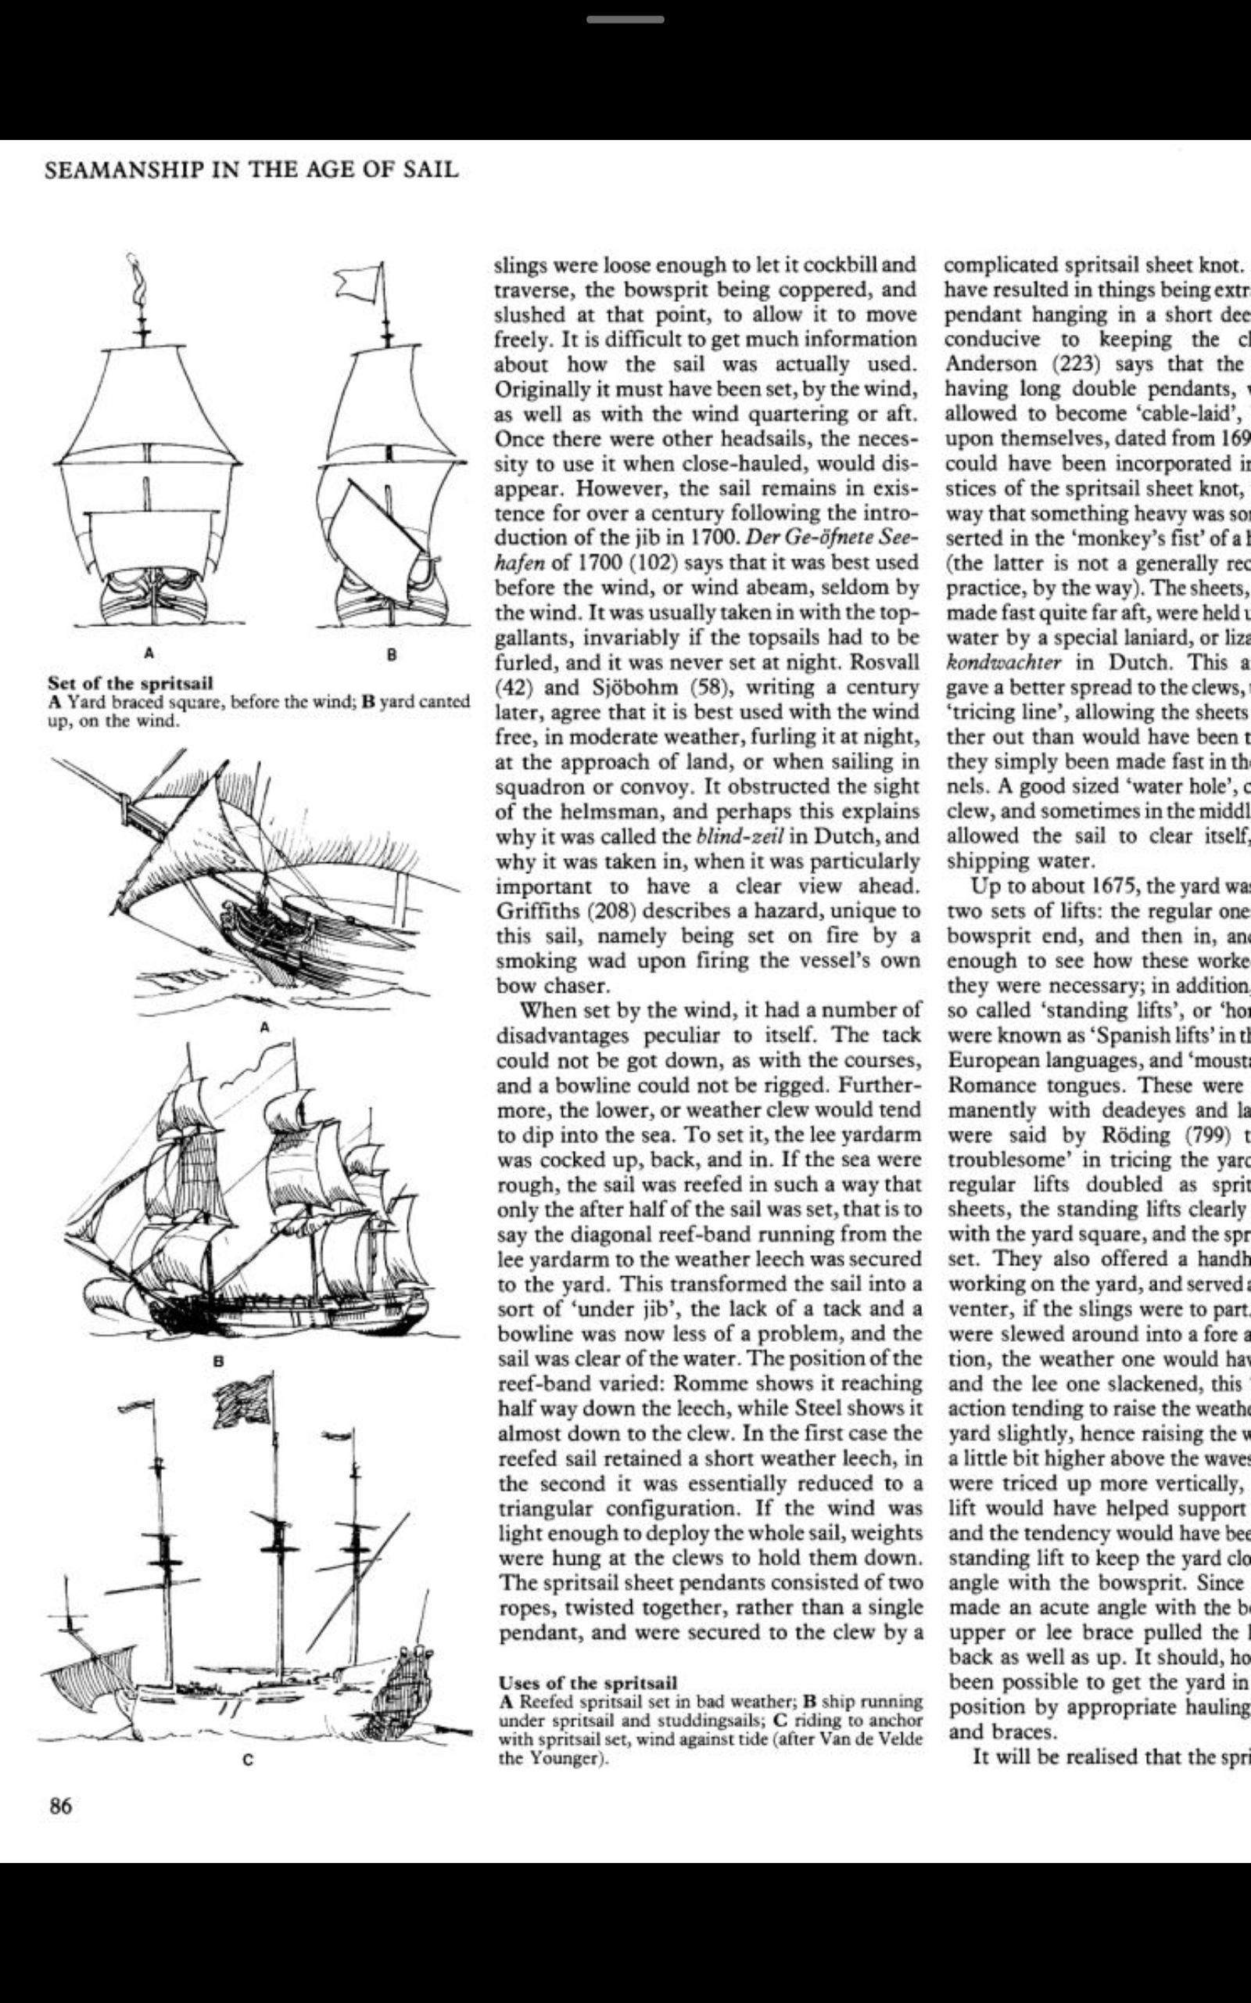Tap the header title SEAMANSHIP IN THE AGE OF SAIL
coord(251,170)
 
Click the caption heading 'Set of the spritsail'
coord(130,683)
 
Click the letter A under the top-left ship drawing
coord(149,653)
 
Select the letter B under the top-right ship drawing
coord(392,654)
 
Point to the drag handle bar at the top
coord(625,19)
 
